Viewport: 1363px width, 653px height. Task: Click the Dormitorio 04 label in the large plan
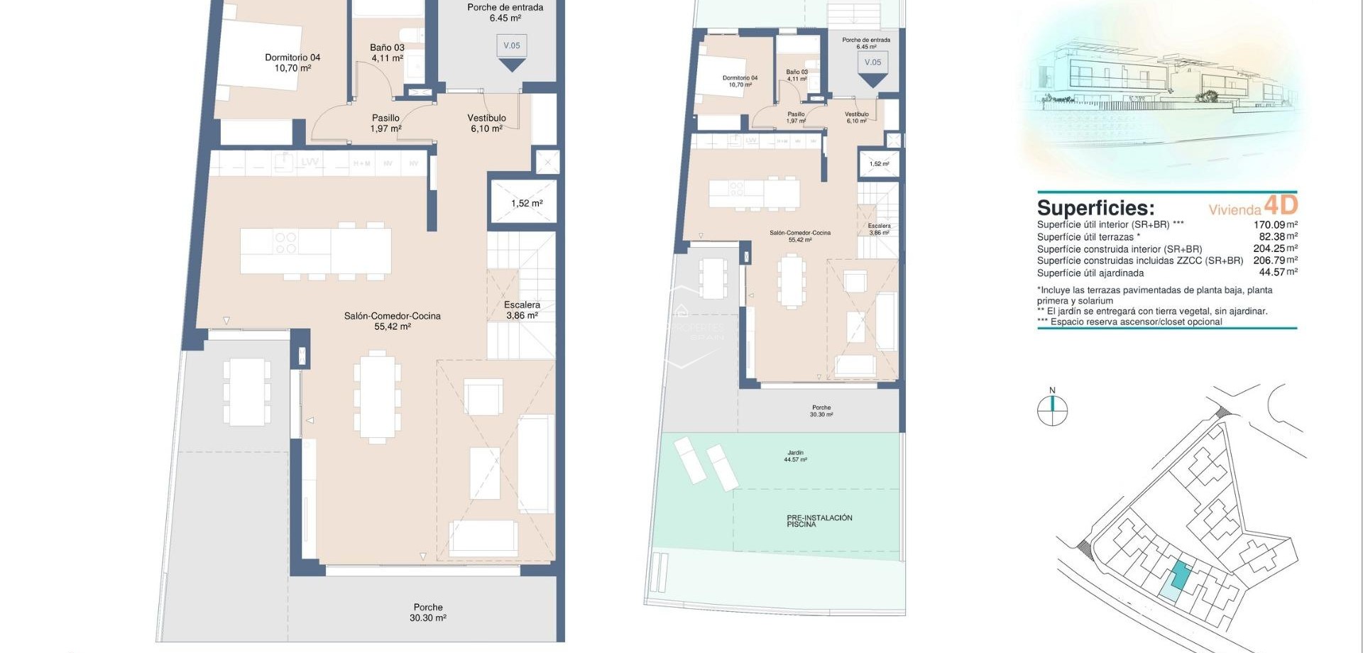point(292,63)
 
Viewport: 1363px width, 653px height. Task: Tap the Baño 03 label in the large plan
point(387,53)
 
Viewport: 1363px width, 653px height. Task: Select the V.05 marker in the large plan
point(512,46)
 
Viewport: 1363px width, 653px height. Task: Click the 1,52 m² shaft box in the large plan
point(526,204)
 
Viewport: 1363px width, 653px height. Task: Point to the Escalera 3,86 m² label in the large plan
point(522,310)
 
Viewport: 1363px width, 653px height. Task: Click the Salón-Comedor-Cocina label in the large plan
point(393,321)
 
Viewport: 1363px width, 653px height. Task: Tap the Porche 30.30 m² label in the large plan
point(428,613)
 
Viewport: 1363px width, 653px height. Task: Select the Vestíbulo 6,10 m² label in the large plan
point(486,124)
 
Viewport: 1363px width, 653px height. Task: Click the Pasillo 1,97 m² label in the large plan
point(385,124)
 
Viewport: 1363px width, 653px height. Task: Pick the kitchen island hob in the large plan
point(285,243)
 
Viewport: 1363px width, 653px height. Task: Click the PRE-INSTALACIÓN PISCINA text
point(819,521)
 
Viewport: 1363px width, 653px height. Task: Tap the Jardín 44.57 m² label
point(795,456)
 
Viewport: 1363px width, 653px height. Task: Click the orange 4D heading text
point(1281,205)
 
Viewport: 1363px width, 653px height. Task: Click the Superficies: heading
point(1095,208)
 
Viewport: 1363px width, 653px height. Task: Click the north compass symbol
point(1052,409)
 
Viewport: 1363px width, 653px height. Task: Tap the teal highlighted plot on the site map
point(1181,574)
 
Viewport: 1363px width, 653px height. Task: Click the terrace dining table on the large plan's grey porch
point(246,392)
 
